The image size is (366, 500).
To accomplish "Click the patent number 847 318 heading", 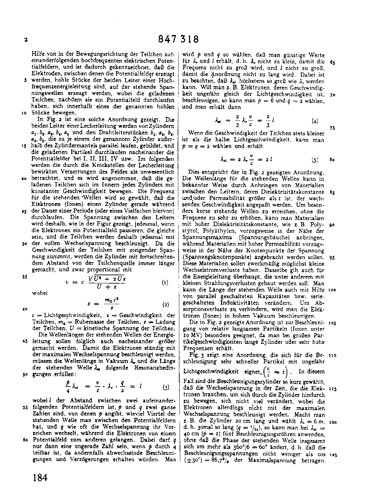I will [x=178, y=39].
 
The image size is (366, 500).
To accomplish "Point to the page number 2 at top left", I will [x=26, y=40].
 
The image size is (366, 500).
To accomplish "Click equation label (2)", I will [x=166, y=305].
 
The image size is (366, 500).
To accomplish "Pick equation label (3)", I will [x=166, y=387].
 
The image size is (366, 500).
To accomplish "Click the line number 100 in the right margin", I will [x=332, y=290].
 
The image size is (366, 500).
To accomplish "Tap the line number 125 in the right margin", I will [x=332, y=455].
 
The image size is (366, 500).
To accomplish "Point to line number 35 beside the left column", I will [x=25, y=277].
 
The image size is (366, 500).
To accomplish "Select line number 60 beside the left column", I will [x=25, y=440].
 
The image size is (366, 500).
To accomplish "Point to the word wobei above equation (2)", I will [x=40, y=293].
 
